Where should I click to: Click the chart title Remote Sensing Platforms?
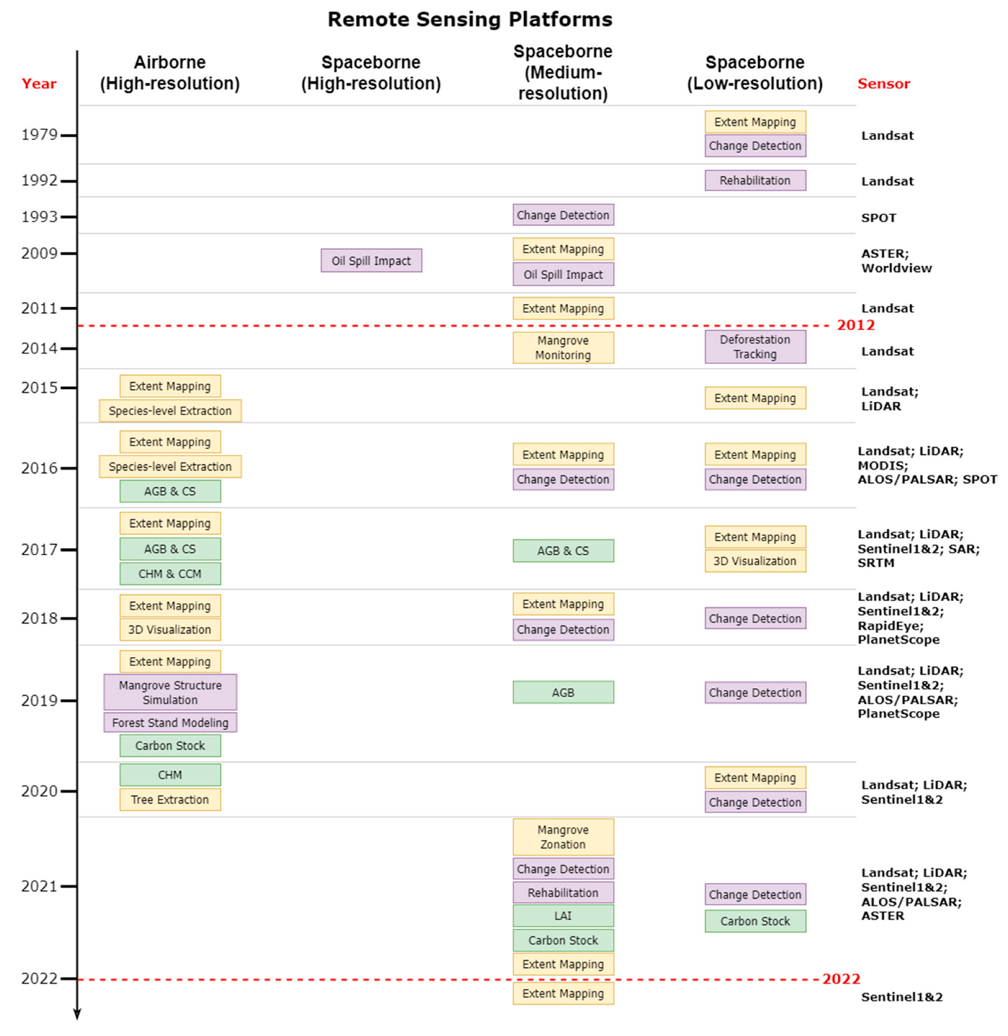(470, 20)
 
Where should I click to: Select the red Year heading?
(39, 84)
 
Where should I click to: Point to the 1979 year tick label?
(39, 135)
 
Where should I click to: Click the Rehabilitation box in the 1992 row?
(755, 180)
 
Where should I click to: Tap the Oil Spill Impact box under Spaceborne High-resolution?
(371, 260)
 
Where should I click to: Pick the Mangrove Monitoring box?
(563, 348)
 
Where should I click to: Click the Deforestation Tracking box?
(755, 347)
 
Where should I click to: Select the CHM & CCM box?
(170, 574)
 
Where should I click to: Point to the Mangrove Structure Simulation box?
(170, 692)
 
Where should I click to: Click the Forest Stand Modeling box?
(170, 723)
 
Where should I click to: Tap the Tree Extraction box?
(170, 799)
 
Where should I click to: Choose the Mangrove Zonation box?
(563, 837)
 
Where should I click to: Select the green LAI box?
(563, 916)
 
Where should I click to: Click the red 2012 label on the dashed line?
(855, 325)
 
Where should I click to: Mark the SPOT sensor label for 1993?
(878, 218)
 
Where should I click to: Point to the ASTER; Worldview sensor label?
(896, 260)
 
